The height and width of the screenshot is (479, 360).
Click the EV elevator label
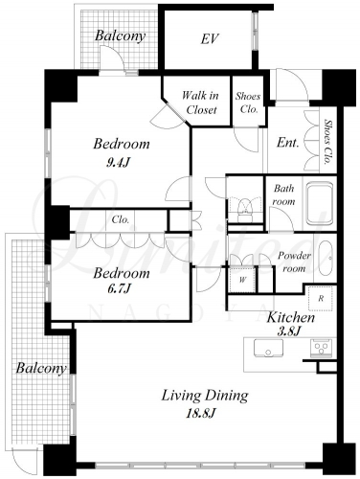click(210, 39)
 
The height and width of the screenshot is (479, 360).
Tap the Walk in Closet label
click(201, 103)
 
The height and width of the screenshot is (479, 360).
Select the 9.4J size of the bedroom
click(119, 163)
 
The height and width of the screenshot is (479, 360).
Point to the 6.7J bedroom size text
click(119, 289)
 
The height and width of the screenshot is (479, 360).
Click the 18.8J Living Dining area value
click(201, 414)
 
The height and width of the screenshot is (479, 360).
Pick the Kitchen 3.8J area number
click(289, 331)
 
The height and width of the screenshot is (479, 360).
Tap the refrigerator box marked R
click(321, 298)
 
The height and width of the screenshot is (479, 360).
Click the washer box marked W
click(242, 280)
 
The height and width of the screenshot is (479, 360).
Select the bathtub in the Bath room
click(320, 203)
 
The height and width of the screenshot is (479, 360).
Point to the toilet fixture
click(245, 208)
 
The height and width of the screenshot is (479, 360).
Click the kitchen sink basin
click(268, 348)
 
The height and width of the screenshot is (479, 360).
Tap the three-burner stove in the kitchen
click(322, 348)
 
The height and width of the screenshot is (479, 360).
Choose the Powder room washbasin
click(326, 257)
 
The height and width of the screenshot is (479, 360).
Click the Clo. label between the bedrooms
click(121, 219)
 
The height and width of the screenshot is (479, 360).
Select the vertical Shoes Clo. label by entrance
click(326, 141)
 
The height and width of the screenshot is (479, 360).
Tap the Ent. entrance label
click(288, 143)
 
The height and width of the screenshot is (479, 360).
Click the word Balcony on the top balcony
click(120, 35)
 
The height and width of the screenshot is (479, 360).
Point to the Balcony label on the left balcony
click(41, 368)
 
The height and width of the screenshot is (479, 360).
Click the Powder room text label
click(294, 262)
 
